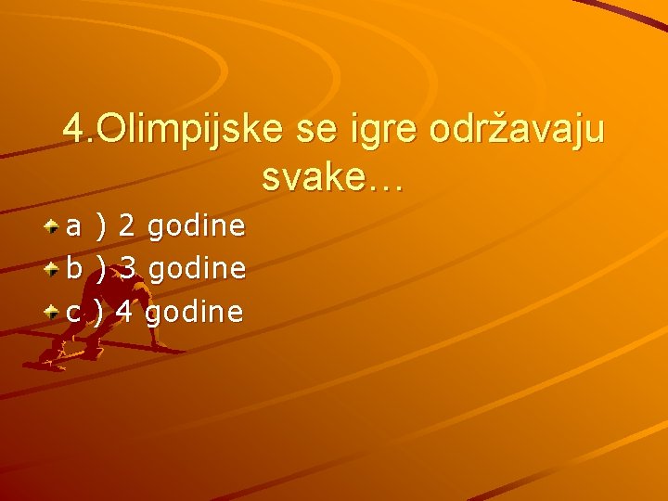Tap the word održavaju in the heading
(x=517, y=130)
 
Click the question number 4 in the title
(x=72, y=129)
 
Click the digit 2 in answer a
(x=128, y=225)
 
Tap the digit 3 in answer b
(x=129, y=269)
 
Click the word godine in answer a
(x=196, y=226)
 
